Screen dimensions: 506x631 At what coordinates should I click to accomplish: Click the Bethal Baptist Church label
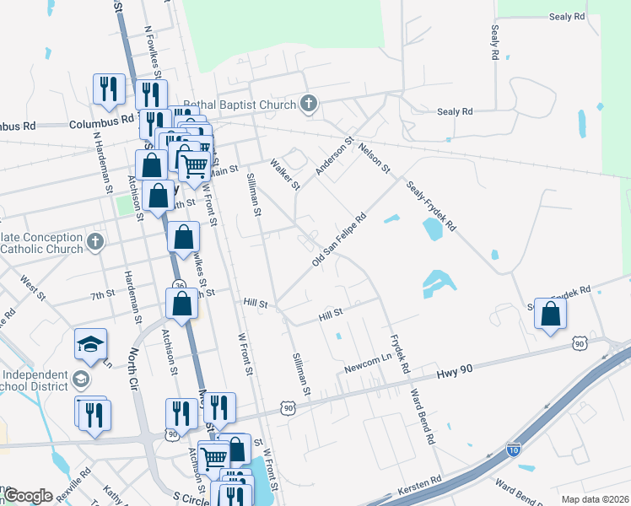[x=240, y=104]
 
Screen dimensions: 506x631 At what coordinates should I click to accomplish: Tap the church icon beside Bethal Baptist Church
[x=309, y=104]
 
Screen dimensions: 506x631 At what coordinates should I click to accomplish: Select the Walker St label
[x=284, y=174]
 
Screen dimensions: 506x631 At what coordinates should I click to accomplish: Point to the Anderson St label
[x=332, y=158]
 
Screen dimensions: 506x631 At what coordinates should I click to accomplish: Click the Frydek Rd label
[x=398, y=355]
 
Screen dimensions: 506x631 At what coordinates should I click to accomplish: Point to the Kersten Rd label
[x=424, y=481]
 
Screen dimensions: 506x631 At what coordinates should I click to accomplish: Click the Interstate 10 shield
[x=514, y=450]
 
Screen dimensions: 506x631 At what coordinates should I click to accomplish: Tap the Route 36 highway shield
[x=180, y=285]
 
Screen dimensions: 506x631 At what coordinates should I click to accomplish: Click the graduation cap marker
[x=90, y=345]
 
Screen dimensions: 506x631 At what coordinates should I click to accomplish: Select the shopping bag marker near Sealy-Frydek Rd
[x=550, y=315]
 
